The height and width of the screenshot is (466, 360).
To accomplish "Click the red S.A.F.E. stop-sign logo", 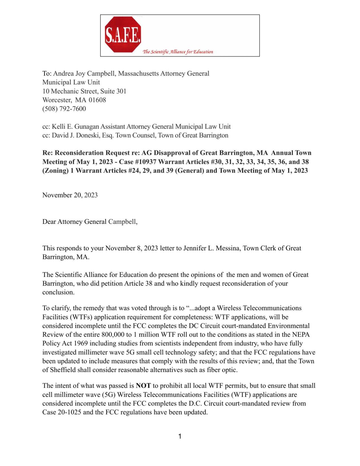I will point(123,35).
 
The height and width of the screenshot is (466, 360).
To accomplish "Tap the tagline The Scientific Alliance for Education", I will point(178,52).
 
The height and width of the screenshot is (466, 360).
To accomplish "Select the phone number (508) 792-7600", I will point(64,109).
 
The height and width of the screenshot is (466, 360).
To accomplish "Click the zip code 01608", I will point(97,100).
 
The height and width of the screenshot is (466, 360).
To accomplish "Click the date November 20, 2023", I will point(70,195).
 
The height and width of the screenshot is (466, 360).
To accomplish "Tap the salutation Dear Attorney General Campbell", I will point(90,222).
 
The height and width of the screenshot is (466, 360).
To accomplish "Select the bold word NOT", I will point(143,385).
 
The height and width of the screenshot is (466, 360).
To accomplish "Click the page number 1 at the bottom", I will point(180,436).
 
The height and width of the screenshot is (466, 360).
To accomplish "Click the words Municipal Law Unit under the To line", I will point(71,82).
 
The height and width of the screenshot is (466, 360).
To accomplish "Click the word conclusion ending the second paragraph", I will point(58,292).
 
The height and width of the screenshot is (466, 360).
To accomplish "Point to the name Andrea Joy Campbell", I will point(84,73).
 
